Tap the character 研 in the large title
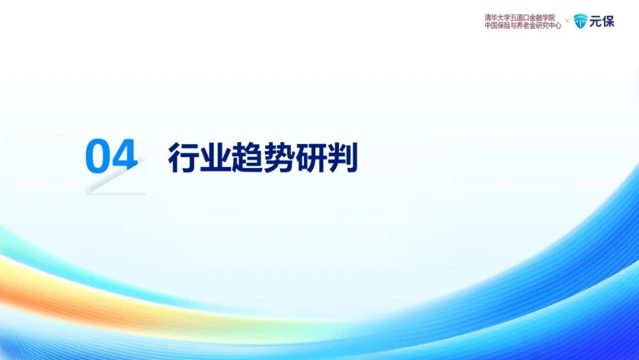tap(310, 157)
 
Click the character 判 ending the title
tap(343, 157)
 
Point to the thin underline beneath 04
tap(116, 194)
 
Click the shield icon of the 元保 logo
tap(580, 21)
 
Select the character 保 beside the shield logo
tap(608, 21)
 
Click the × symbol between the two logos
tap(567, 20)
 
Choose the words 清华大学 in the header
tap(498, 18)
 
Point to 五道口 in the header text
tap(521, 18)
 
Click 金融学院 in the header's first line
tap(543, 18)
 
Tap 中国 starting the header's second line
tap(491, 25)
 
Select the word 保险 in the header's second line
tap(504, 25)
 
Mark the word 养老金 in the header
tap(527, 25)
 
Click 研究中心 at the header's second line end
tap(548, 25)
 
